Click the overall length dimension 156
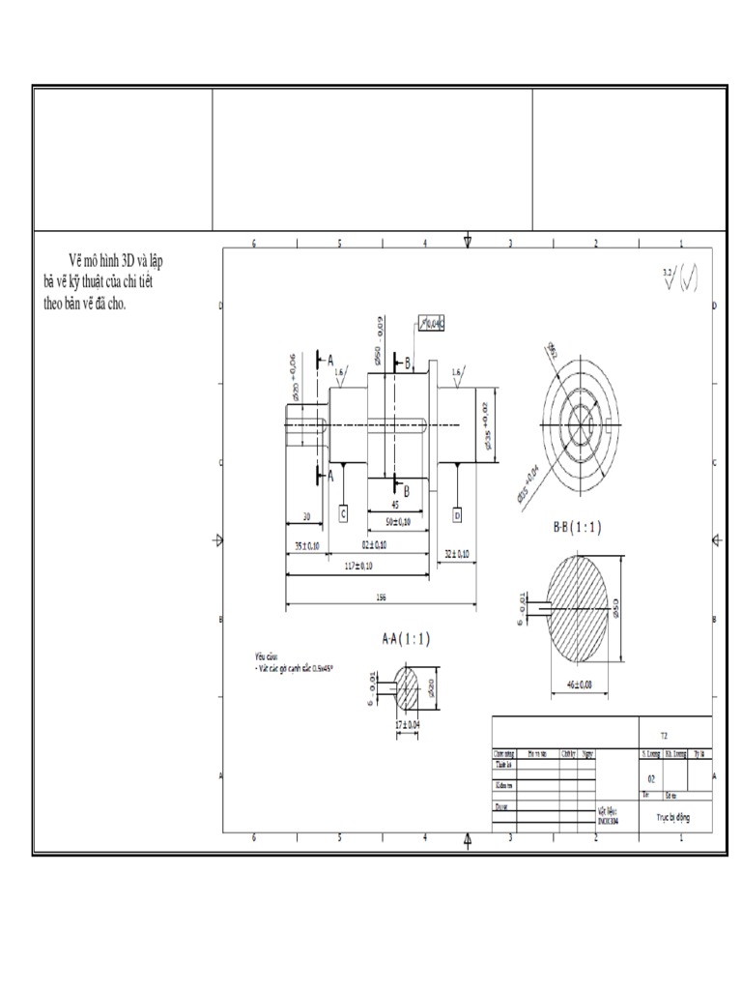click(x=381, y=597)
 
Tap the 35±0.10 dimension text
click(x=306, y=545)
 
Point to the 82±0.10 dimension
click(x=373, y=545)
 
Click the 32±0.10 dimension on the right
click(x=456, y=554)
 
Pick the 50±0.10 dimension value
click(x=398, y=522)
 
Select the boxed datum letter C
click(x=343, y=514)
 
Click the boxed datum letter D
click(x=457, y=514)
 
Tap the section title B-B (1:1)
click(x=577, y=528)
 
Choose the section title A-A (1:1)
click(x=406, y=638)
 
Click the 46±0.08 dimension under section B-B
click(x=579, y=684)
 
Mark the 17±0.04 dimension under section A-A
click(x=408, y=724)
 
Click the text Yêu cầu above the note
click(x=253, y=655)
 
